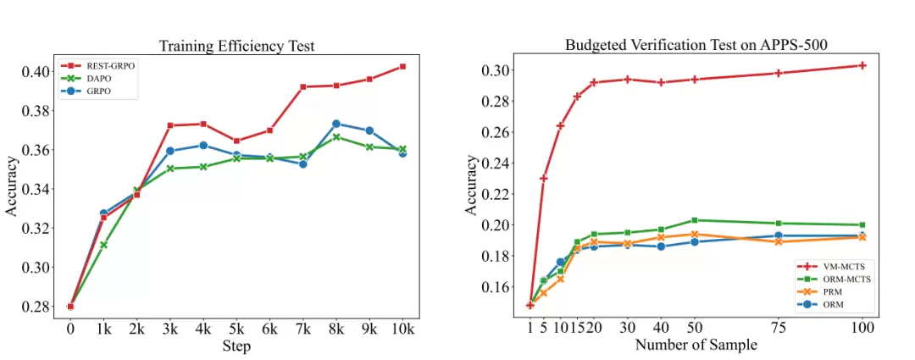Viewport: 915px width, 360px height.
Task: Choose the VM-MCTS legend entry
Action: pos(825,266)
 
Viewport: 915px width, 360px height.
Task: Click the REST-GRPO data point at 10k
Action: pos(402,66)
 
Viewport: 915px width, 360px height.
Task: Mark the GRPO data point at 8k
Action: pos(336,124)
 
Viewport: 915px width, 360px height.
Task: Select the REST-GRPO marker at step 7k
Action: pos(302,86)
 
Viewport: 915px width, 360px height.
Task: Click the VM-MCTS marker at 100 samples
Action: pos(862,65)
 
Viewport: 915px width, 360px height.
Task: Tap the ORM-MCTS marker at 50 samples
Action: pos(695,220)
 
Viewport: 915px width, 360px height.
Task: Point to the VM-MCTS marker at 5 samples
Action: pos(544,178)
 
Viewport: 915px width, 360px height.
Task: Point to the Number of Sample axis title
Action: pos(696,345)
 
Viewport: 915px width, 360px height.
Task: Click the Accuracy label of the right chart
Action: pos(472,185)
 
